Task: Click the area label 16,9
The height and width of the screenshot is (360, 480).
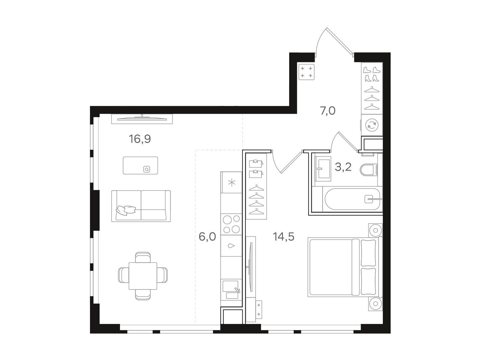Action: tap(140, 139)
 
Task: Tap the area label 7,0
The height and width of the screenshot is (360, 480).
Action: tap(328, 111)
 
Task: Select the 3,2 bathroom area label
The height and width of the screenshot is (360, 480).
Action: tap(343, 167)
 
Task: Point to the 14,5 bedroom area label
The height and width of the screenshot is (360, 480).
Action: tap(283, 236)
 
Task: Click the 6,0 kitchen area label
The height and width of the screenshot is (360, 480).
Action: tap(207, 236)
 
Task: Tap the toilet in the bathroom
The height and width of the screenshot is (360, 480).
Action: tap(369, 170)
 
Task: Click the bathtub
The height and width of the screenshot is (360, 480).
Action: tap(352, 199)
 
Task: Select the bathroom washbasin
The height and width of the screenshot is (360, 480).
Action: tap(323, 169)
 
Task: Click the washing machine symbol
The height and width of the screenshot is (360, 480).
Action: tap(372, 125)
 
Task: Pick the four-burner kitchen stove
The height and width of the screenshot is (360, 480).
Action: tap(231, 224)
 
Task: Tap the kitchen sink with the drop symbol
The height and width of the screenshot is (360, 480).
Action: tap(231, 246)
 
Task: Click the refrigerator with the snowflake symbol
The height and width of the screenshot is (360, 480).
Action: tap(231, 182)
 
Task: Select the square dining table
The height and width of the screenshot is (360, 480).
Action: tap(143, 276)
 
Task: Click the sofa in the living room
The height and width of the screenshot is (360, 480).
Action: tap(141, 206)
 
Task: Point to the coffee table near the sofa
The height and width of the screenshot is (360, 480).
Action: tap(140, 166)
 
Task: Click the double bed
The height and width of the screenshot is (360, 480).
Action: tap(345, 267)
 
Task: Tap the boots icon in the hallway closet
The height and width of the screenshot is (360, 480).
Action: tap(372, 74)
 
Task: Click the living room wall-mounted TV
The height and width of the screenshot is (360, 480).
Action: tap(142, 119)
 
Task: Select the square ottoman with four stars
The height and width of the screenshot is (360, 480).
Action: tap(306, 72)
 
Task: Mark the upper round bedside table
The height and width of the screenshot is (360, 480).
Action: tap(376, 230)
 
